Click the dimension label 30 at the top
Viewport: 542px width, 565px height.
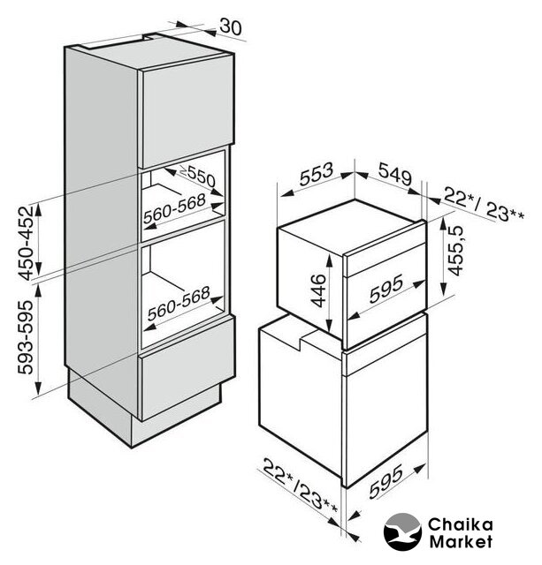[x=231, y=26]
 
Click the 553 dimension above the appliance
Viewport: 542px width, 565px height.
[x=317, y=175]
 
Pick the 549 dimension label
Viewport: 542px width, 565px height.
[x=394, y=174]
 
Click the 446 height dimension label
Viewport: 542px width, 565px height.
[x=318, y=290]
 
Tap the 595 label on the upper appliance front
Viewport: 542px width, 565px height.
[x=386, y=289]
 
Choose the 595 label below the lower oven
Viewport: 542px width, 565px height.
[x=386, y=482]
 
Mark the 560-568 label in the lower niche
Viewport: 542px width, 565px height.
[x=179, y=303]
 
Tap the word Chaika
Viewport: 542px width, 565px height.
[x=460, y=524]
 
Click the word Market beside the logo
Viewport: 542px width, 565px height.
[x=461, y=541]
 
